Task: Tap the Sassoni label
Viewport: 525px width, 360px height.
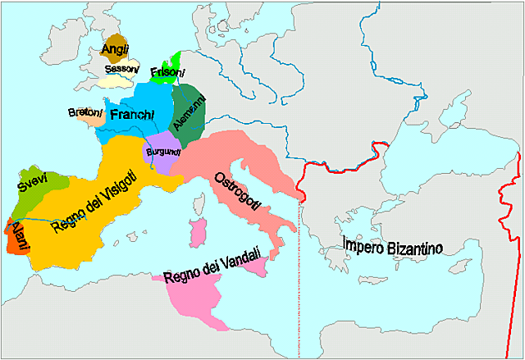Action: click(120, 71)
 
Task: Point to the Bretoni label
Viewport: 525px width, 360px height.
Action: click(85, 112)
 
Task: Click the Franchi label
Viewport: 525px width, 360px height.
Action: click(132, 116)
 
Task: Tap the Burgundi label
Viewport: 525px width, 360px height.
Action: click(162, 153)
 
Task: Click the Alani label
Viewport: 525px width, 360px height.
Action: click(17, 236)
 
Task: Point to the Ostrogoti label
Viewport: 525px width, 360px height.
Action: click(237, 193)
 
